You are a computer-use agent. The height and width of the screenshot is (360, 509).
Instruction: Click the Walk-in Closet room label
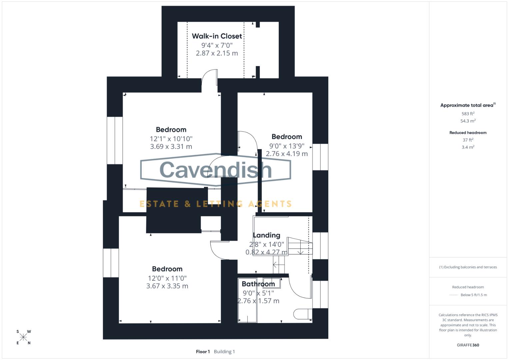tap(217, 36)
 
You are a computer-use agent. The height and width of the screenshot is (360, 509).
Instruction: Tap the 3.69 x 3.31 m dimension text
tap(171, 146)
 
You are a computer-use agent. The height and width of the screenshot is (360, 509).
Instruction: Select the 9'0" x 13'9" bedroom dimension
tap(287, 146)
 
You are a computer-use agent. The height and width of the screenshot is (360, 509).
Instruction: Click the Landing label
tap(266, 235)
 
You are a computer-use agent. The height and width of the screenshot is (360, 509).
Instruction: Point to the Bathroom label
tap(258, 284)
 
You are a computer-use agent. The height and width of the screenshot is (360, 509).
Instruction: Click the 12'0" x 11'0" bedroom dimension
tap(167, 278)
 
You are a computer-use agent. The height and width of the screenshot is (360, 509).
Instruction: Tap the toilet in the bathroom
tap(302, 314)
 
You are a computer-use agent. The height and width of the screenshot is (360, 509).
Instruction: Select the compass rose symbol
tap(23, 337)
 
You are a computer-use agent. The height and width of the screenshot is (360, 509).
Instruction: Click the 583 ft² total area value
tap(468, 114)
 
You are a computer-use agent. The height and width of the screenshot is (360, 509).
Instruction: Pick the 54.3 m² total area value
tap(468, 121)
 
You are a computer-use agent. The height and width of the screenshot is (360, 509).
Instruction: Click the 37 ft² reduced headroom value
tap(468, 140)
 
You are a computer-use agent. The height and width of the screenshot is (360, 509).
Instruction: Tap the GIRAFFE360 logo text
tap(468, 345)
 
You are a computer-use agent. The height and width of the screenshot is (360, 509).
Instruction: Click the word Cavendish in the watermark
tap(216, 170)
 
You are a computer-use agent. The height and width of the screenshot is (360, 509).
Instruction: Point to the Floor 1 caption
tap(203, 352)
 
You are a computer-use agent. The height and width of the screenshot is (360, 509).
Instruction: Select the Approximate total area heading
tap(468, 105)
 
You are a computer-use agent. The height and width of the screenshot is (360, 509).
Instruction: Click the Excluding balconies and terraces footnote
tap(468, 267)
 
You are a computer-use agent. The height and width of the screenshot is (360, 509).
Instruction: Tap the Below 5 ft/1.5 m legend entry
tap(473, 295)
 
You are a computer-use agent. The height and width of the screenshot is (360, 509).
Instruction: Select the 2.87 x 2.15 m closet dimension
tap(217, 53)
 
